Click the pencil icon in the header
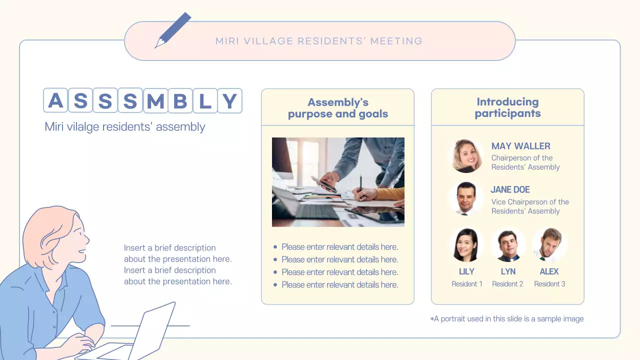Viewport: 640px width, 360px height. tap(173, 30)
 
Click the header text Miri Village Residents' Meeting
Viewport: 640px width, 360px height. tap(319, 41)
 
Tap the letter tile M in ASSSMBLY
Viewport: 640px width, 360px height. tap(155, 101)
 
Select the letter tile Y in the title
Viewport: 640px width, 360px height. tap(229, 101)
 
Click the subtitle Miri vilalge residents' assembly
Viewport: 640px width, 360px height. tap(125, 126)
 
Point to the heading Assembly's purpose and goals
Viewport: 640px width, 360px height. tap(338, 108)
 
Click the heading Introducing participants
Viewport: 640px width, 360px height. tap(507, 107)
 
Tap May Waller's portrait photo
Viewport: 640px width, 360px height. tap(466, 156)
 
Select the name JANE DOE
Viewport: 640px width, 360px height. tap(510, 189)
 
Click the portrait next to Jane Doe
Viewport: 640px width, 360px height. tap(466, 198)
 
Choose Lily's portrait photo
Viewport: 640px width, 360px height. tap(466, 245)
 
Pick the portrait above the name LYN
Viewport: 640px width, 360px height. tap(508, 245)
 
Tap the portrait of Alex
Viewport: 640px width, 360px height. tap(549, 245)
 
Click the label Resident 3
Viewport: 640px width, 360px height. tap(549, 284)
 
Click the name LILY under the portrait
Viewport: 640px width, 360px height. tap(466, 271)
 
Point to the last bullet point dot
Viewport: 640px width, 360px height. tap(275, 285)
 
